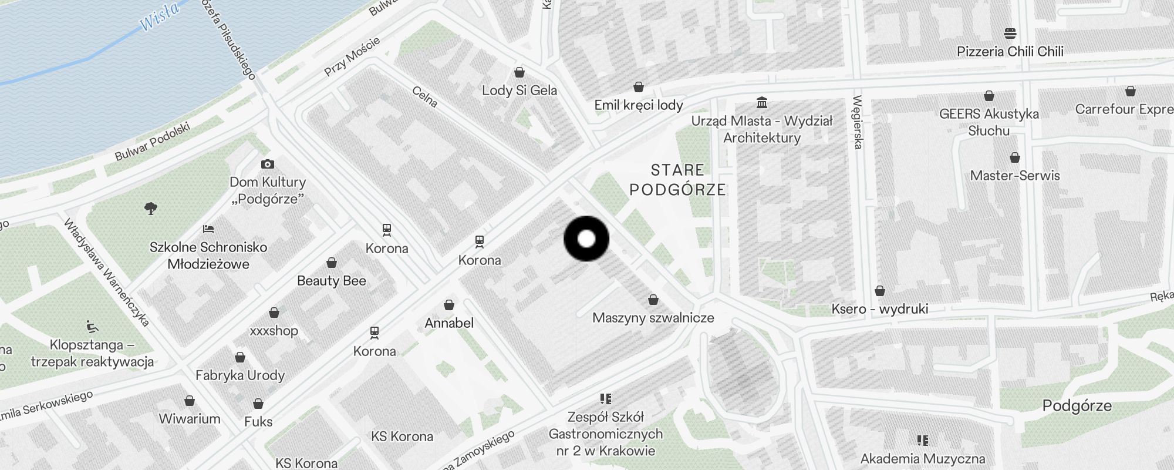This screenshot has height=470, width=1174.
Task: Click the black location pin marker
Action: click(x=586, y=239)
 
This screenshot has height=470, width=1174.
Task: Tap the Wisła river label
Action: click(x=160, y=16)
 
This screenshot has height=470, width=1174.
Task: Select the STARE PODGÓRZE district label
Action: click(x=677, y=180)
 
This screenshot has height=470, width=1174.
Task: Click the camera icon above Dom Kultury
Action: click(x=268, y=164)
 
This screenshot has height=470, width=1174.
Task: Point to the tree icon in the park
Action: click(x=151, y=208)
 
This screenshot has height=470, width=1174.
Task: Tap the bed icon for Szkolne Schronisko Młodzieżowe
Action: click(x=208, y=229)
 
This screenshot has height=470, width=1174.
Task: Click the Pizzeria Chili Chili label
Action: click(x=1010, y=52)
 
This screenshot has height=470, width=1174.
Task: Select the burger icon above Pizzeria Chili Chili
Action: click(x=1010, y=33)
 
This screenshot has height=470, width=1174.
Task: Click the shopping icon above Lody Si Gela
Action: click(x=519, y=72)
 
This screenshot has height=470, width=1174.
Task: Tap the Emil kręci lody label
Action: click(x=639, y=105)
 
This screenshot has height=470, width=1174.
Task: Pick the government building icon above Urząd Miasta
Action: click(x=762, y=103)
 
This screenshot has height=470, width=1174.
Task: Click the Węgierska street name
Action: click(x=858, y=122)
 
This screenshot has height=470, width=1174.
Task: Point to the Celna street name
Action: click(x=424, y=97)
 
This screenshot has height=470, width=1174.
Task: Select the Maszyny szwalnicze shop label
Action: click(x=653, y=318)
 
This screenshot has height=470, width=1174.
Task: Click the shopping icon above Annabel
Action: click(x=449, y=305)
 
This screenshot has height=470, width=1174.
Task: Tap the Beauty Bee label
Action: click(x=332, y=281)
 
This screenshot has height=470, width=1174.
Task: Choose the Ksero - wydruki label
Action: click(x=879, y=309)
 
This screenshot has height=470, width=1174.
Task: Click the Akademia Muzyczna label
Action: click(x=923, y=458)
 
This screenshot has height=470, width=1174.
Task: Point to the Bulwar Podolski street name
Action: click(x=153, y=142)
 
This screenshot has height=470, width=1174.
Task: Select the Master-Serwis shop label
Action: click(x=1015, y=176)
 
